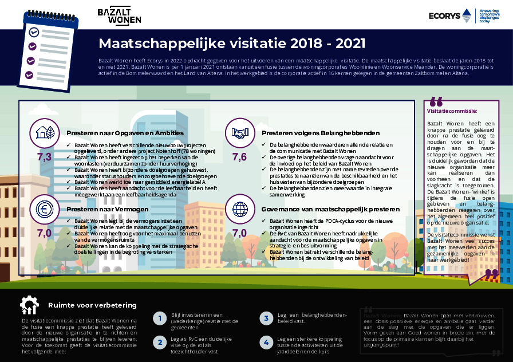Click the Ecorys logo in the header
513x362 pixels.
point(450,15)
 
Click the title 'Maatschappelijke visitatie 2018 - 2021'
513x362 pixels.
point(231,44)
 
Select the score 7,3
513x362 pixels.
point(45,156)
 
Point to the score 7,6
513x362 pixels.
point(239,156)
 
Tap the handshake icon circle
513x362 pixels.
point(239,133)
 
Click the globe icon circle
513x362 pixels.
point(239,208)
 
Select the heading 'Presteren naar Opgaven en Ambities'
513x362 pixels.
point(125,133)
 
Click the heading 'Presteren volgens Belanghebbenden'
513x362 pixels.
point(313,133)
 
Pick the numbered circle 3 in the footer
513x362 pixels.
point(266,318)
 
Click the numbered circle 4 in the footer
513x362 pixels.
point(266,343)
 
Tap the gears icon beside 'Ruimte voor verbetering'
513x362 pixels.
point(29,305)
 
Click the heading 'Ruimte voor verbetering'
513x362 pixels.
point(92,305)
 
